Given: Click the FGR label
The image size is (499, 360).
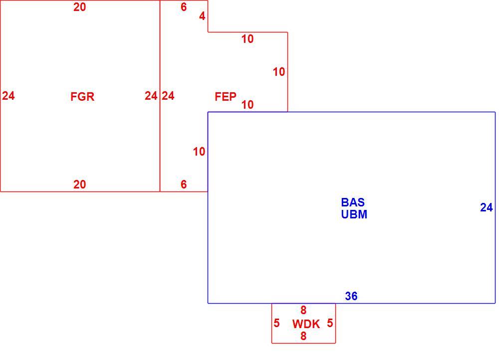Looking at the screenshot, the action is point(82,96).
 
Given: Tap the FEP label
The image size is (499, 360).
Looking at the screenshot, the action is point(226,96).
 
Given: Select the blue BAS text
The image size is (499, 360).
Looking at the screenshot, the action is point(353,202).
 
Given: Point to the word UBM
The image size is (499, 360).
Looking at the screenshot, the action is point(354,214).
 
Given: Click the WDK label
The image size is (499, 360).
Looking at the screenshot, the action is point(306,324).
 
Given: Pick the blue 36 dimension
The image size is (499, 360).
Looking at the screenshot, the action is point(351,296).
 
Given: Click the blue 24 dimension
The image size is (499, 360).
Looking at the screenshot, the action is point(487,207).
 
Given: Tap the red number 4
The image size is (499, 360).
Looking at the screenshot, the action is point(203,16).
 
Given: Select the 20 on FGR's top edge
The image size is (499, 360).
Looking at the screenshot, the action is point(79,7).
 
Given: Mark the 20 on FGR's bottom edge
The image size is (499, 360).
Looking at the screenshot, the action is point(79,184).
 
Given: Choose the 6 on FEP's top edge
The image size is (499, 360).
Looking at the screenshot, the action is point(184,7).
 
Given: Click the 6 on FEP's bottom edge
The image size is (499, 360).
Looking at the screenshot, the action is point(184,184).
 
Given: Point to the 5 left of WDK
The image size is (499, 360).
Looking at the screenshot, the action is point(276,323).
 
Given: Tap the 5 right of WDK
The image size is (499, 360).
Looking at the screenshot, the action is point(330,323).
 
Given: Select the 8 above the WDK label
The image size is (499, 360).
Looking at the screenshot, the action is point(303,310).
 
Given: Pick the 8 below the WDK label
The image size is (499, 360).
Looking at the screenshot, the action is point(303,336).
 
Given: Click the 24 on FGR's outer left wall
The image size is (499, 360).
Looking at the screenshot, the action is point(8,96).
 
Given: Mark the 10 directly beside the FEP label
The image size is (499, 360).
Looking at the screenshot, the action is point(248,105).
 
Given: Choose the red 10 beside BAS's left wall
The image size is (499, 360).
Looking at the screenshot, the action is point(199,152).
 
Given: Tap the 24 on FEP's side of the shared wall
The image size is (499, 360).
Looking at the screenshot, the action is point(168,96).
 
